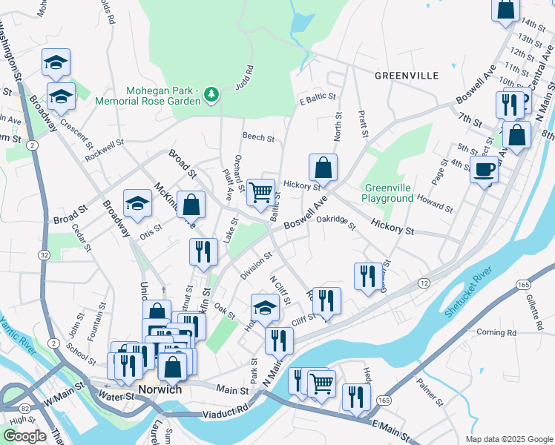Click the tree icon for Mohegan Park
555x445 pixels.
click(212, 93)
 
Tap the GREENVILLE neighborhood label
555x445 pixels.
click(406, 76)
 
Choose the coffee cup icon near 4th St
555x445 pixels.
click(484, 170)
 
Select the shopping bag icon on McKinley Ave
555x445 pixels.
click(191, 205)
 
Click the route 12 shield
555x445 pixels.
click(424, 284)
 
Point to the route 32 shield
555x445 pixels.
click(45, 254)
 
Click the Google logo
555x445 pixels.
click(24, 436)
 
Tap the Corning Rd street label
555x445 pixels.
click(496, 332)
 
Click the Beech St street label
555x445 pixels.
click(258, 137)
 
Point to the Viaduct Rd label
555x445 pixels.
click(227, 410)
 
